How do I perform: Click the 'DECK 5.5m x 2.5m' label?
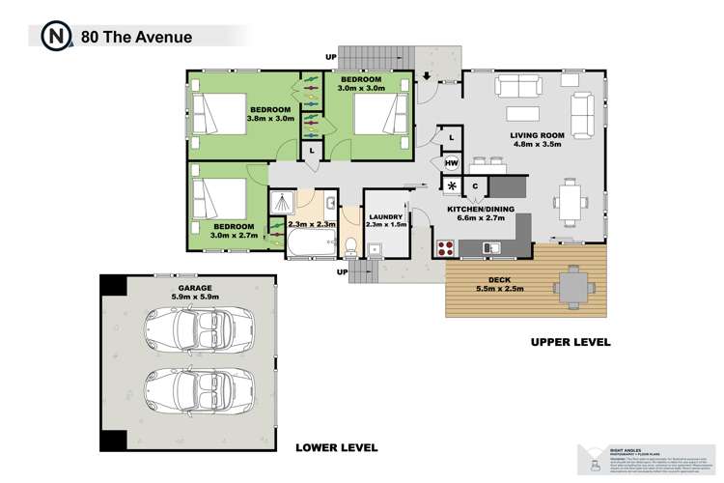[x=498, y=287]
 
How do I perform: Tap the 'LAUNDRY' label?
[x=385, y=213]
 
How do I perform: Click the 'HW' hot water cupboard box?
[x=451, y=162]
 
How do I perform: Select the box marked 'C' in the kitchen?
[x=476, y=185]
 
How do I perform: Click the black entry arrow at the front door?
[x=427, y=76]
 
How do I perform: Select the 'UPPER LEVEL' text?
[x=571, y=343]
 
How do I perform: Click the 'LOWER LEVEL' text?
[x=337, y=447]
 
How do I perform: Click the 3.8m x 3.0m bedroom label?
[x=270, y=114]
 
